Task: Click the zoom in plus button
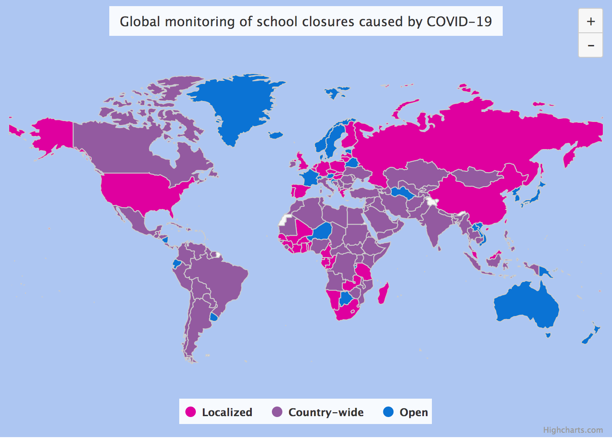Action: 591,21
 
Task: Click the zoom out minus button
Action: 591,45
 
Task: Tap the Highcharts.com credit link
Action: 573,430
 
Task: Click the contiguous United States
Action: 140,188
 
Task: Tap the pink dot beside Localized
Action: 191,412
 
